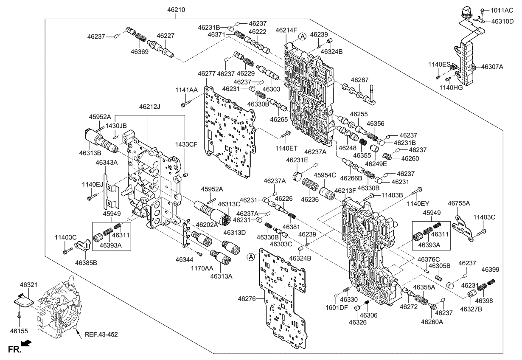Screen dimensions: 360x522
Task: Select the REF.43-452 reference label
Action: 101,334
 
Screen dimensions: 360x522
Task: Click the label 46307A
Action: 492,67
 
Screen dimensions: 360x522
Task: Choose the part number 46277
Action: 207,73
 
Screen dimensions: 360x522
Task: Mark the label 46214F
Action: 286,30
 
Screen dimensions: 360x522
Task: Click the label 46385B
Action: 86,263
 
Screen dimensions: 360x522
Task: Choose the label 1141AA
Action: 186,90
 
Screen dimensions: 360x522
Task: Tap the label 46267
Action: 359,79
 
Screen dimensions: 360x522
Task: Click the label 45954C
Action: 325,175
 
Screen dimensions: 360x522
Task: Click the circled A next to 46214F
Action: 302,37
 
